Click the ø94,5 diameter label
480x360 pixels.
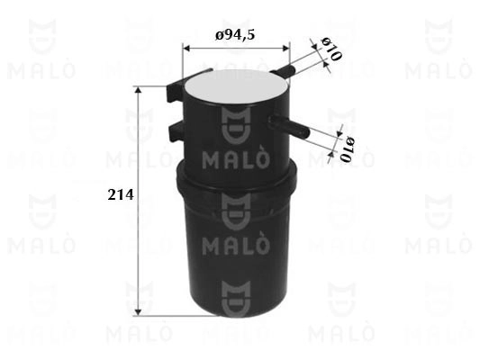tap(235, 35)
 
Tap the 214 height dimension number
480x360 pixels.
tap(121, 195)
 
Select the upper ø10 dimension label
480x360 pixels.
tap(331, 49)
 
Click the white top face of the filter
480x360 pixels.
tap(237, 85)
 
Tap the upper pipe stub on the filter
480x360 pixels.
tap(282, 69)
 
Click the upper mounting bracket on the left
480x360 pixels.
tap(184, 83)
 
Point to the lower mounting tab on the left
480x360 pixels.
tap(177, 132)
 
